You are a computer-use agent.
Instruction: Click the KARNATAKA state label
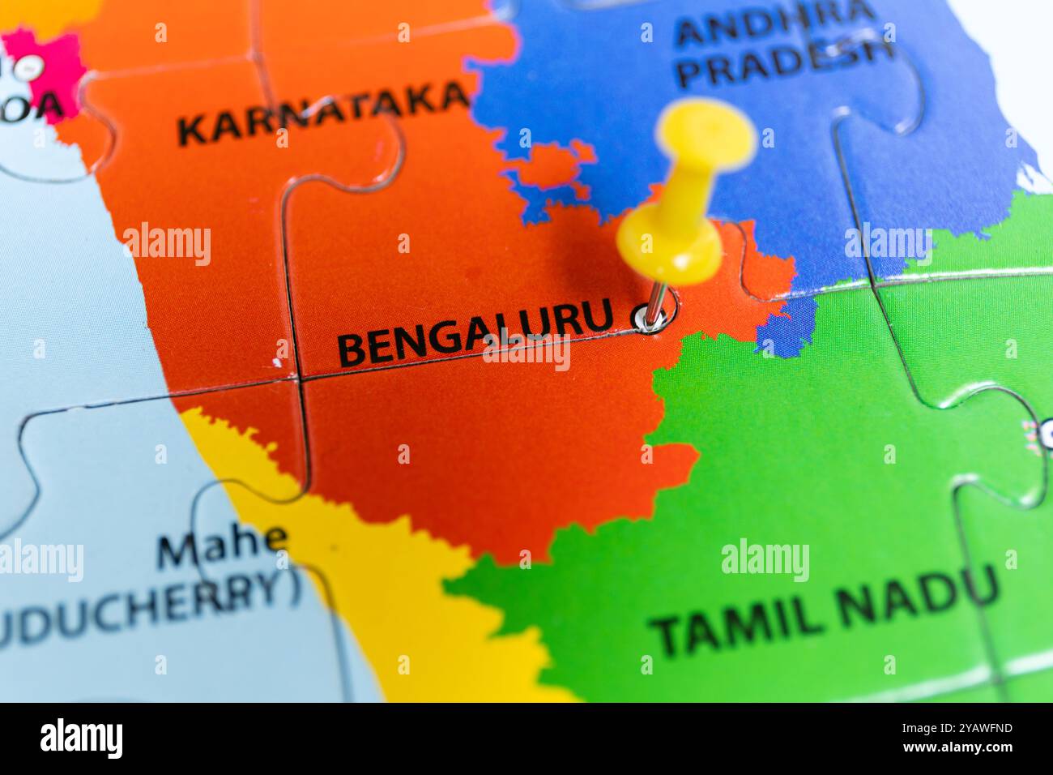pos(322,116)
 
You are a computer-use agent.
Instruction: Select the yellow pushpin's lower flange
pos(669,243)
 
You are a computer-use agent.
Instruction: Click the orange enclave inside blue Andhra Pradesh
pos(550,165)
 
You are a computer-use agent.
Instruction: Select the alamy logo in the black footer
pos(81,739)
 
